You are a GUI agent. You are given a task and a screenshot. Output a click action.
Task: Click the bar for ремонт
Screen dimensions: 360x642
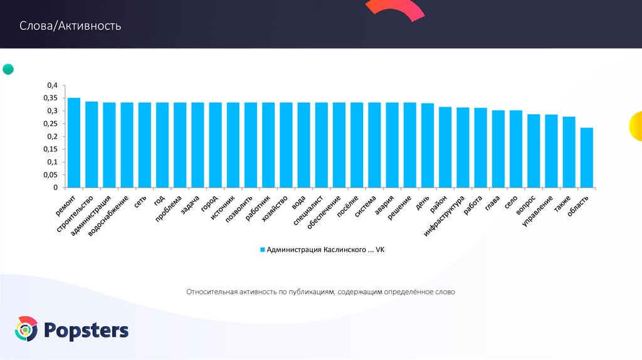tap(74, 143)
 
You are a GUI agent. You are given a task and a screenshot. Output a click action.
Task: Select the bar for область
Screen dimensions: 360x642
tap(587, 157)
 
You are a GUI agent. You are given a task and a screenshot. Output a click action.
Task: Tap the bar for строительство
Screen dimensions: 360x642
tap(92, 144)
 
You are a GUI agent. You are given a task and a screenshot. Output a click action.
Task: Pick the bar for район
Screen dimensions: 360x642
tap(445, 147)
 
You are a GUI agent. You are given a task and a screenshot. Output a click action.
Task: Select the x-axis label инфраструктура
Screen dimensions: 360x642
tap(444, 216)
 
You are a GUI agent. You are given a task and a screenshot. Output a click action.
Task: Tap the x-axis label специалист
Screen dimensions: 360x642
tap(308, 211)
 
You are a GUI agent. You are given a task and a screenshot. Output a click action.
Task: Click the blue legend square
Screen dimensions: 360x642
tap(263, 250)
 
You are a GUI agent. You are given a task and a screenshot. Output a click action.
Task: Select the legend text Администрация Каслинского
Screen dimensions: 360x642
tap(317, 250)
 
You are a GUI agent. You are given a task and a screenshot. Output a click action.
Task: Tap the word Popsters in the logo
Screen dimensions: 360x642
tap(87, 331)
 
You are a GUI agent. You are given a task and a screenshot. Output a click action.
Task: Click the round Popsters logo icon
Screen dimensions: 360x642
tap(27, 329)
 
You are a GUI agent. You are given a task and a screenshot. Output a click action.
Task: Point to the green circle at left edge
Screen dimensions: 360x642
tap(8, 70)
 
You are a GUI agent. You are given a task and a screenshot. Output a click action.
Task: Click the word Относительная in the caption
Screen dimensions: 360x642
tap(208, 292)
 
